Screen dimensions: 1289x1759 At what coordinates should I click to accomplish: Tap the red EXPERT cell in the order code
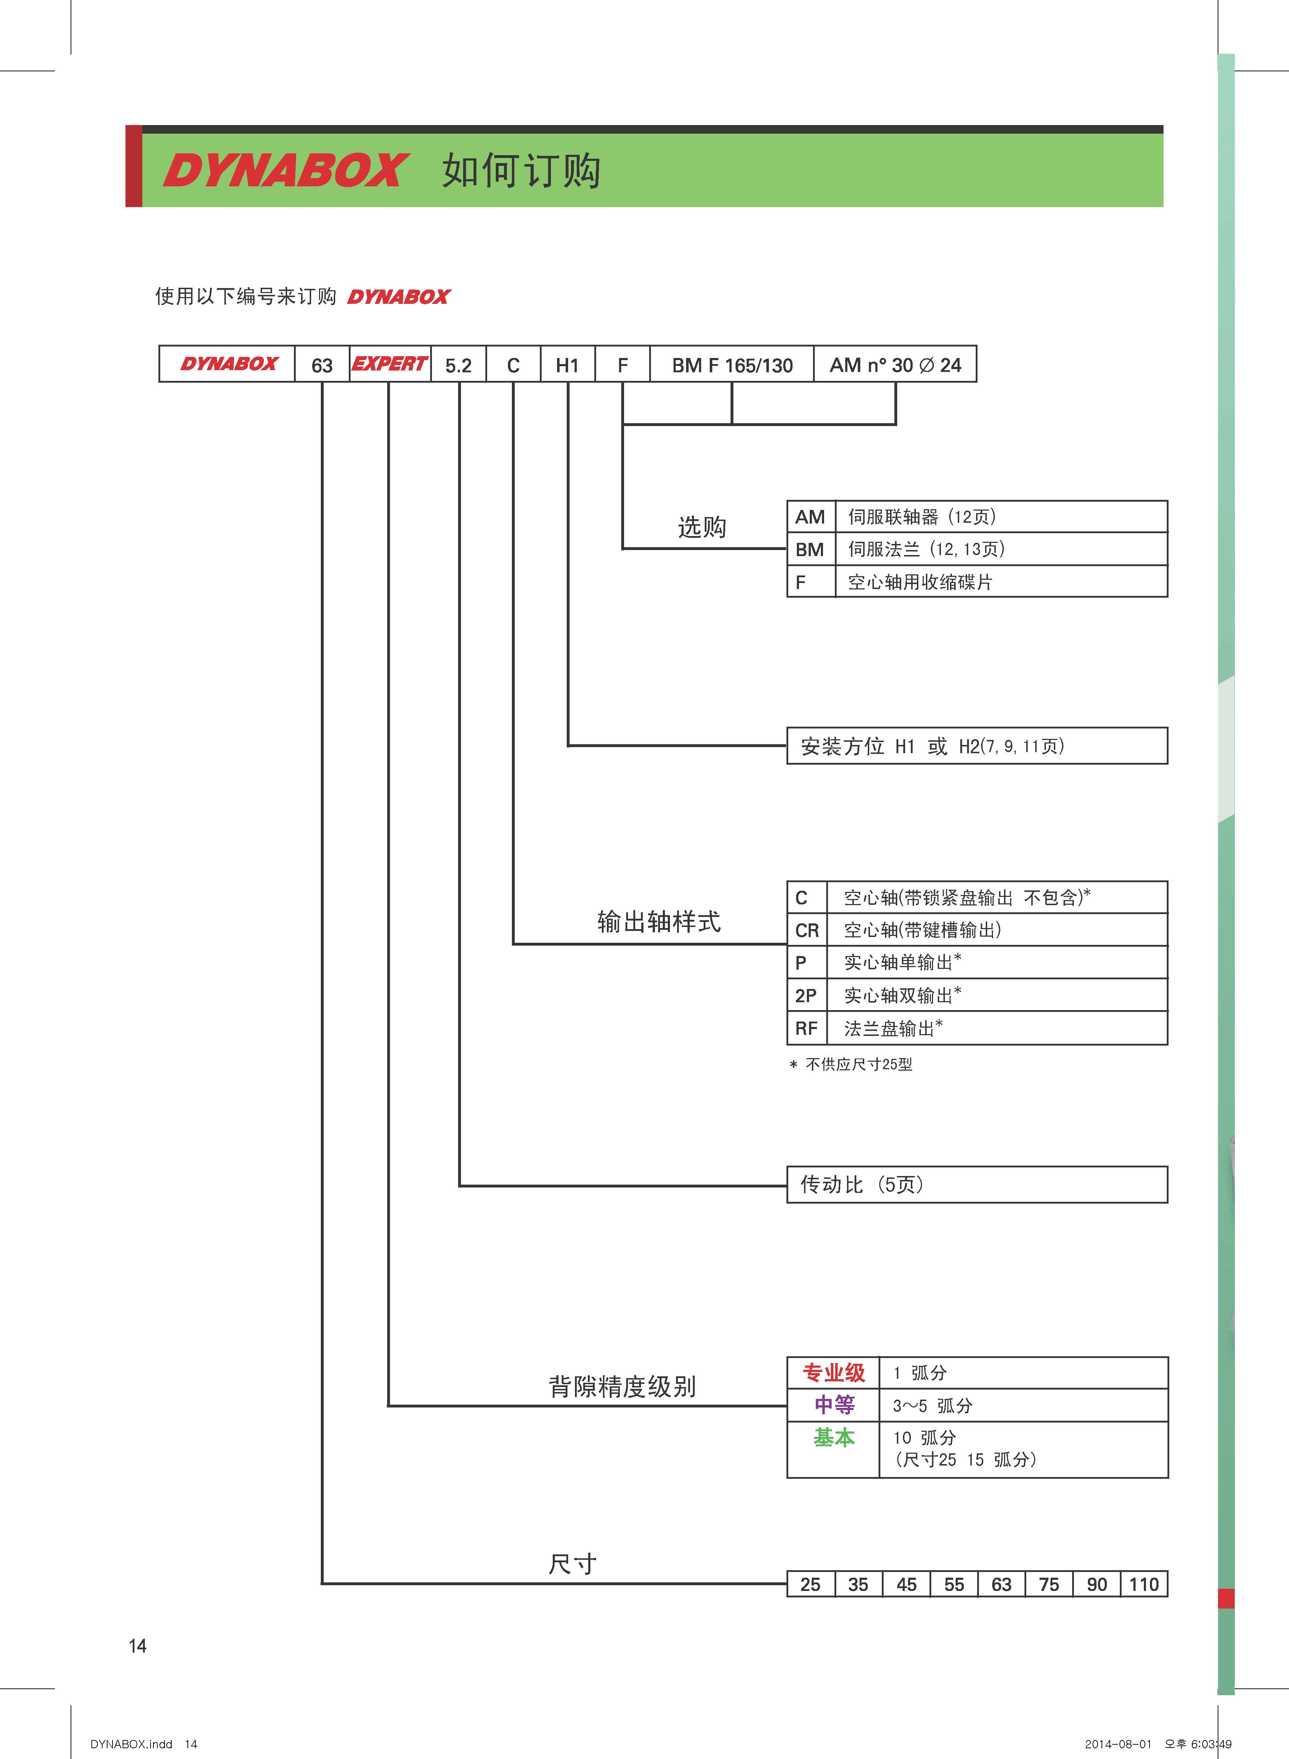click(389, 364)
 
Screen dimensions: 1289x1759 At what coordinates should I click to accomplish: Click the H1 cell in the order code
click(567, 364)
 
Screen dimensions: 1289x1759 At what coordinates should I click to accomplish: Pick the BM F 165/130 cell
click(732, 364)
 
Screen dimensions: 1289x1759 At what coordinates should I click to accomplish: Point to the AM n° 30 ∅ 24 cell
click(895, 364)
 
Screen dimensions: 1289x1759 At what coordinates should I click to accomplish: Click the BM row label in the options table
click(810, 549)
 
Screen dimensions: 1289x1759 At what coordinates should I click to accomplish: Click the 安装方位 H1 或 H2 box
click(977, 746)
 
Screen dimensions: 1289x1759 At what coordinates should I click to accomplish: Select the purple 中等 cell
click(833, 1405)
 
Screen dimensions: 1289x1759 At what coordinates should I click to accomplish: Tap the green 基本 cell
click(833, 1438)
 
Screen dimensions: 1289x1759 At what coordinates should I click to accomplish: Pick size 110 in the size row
click(1144, 1584)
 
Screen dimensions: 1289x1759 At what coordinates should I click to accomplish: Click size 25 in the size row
click(811, 1584)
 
